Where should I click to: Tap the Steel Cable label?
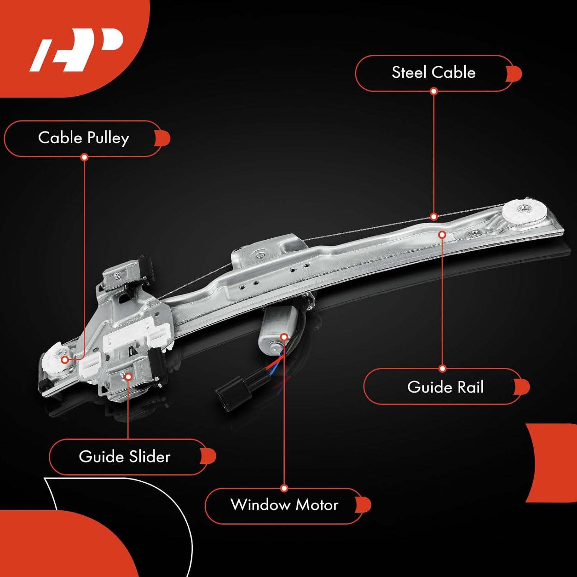(x=434, y=73)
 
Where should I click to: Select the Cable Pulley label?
(x=83, y=138)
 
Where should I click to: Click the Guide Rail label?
(x=445, y=387)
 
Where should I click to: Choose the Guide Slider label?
(x=125, y=457)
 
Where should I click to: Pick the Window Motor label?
(x=284, y=505)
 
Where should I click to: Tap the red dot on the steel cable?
(x=434, y=217)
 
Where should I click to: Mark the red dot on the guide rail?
(x=442, y=234)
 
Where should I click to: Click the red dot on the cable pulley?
(x=65, y=360)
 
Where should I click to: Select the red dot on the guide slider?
(x=128, y=376)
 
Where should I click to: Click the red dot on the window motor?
(x=284, y=337)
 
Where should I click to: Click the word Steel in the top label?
(x=409, y=73)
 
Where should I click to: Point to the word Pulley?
(x=108, y=138)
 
